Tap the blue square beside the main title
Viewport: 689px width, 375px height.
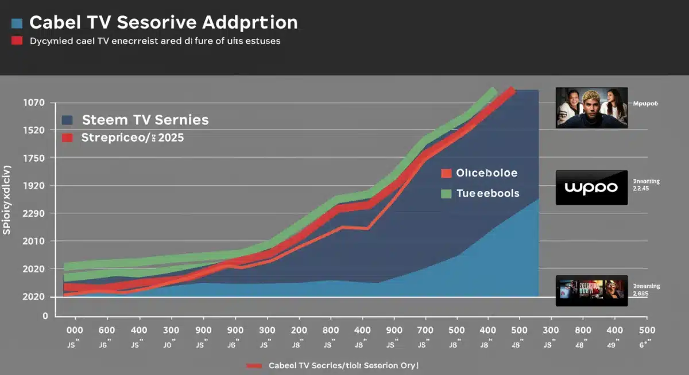tap(17, 24)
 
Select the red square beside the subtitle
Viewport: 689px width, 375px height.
tap(17, 41)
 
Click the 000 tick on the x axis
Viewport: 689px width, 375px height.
tap(75, 330)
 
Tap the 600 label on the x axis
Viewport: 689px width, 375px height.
tap(107, 330)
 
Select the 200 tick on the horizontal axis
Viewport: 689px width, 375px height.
tap(298, 330)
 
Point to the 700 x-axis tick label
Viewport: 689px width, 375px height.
tap(425, 330)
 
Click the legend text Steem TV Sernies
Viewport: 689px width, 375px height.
tap(145, 120)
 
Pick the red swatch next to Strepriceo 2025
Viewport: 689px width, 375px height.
tap(67, 138)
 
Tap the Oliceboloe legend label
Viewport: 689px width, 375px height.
tap(487, 173)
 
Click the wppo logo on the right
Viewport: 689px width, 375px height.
tap(591, 187)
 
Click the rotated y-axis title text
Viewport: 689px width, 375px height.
tap(7, 199)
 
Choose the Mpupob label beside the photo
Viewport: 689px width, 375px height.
tap(645, 104)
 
